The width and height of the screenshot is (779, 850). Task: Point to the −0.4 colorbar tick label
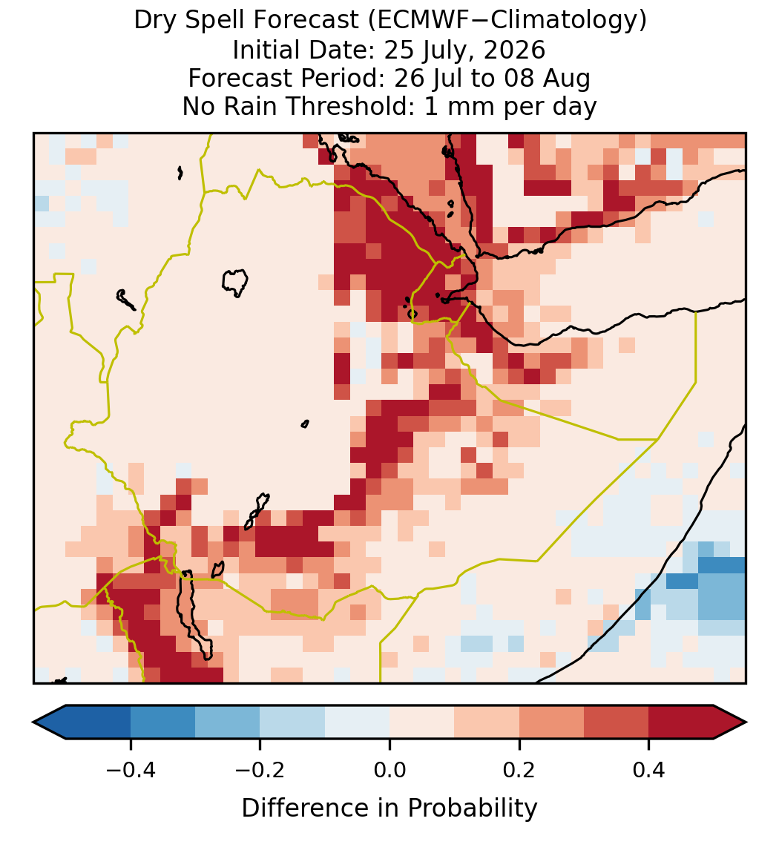pyautogui.click(x=131, y=770)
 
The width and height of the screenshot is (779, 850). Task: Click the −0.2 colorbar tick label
pyautogui.click(x=260, y=770)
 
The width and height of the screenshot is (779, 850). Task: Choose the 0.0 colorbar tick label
pyautogui.click(x=389, y=770)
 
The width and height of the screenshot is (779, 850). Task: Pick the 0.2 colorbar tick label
pyautogui.click(x=519, y=770)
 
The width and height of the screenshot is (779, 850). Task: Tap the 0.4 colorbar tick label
pyautogui.click(x=649, y=770)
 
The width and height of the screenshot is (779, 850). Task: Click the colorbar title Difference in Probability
pyautogui.click(x=389, y=808)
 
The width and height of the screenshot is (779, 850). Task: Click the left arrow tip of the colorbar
pyautogui.click(x=33, y=722)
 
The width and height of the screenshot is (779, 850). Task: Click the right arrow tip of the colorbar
pyautogui.click(x=746, y=722)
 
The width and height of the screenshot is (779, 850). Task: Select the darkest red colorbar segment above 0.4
pyautogui.click(x=681, y=722)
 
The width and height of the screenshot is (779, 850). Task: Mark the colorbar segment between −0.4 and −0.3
pyautogui.click(x=162, y=722)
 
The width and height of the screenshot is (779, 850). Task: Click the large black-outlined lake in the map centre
pyautogui.click(x=234, y=283)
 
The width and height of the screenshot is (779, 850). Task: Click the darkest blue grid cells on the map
pyautogui.click(x=722, y=565)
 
